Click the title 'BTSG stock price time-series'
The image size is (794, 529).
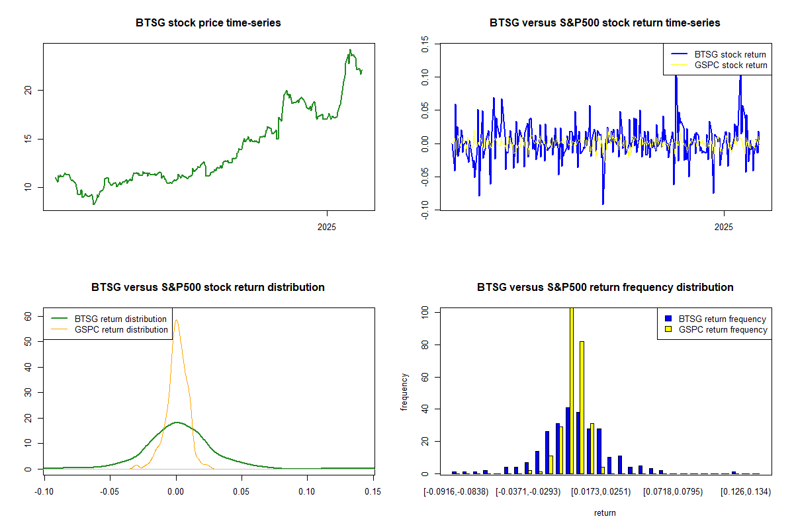click(x=208, y=22)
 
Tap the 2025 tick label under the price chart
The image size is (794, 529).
click(x=326, y=227)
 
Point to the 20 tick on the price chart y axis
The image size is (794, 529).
click(x=28, y=91)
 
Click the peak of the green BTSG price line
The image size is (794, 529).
click(x=350, y=50)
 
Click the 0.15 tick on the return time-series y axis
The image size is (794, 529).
click(x=425, y=44)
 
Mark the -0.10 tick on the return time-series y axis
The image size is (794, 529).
click(x=425, y=210)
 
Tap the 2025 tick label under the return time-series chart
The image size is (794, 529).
click(x=723, y=227)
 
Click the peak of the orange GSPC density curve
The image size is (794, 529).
click(x=176, y=320)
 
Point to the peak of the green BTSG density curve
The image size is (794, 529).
click(x=177, y=423)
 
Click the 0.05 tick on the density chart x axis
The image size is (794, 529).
click(x=242, y=492)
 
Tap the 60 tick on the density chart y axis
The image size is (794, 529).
click(x=28, y=316)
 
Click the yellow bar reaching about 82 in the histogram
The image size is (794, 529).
click(x=582, y=407)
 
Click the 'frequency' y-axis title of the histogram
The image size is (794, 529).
click(x=404, y=392)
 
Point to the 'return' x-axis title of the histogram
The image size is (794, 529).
click(x=605, y=512)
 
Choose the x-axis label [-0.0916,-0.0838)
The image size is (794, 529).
click(x=456, y=492)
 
